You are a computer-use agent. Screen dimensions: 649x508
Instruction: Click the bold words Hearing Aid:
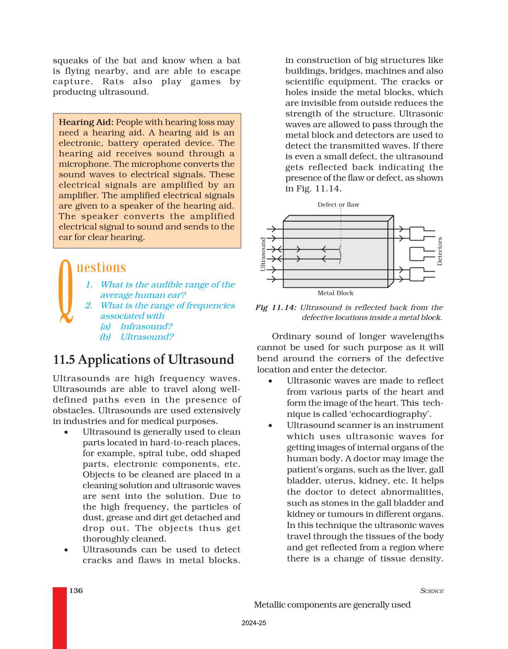(x=86, y=122)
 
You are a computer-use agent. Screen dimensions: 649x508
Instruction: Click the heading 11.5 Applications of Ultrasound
(x=144, y=360)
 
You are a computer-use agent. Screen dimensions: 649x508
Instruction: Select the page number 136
(x=76, y=591)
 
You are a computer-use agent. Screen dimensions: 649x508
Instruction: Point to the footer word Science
(x=432, y=591)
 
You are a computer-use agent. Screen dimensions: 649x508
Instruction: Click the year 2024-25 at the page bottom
(x=254, y=623)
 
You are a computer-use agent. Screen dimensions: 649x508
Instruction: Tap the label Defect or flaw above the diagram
(x=338, y=204)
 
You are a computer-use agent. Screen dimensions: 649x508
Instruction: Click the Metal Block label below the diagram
(x=335, y=293)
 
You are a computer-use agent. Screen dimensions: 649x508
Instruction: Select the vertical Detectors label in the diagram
(x=440, y=251)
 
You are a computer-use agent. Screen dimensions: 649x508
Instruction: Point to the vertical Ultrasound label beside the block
(x=263, y=254)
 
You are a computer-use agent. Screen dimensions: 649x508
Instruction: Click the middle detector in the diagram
(x=417, y=254)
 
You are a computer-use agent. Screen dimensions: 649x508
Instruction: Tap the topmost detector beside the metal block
(x=417, y=233)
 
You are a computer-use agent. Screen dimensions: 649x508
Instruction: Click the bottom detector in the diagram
(x=417, y=274)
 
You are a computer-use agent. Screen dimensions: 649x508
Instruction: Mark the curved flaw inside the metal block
(x=340, y=254)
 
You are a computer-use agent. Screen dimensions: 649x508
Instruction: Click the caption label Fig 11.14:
(x=276, y=307)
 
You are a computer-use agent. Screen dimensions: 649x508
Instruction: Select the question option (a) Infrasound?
(x=136, y=326)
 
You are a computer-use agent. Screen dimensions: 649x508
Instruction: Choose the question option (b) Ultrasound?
(x=137, y=337)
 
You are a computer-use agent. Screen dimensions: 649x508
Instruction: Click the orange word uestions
(x=101, y=267)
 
